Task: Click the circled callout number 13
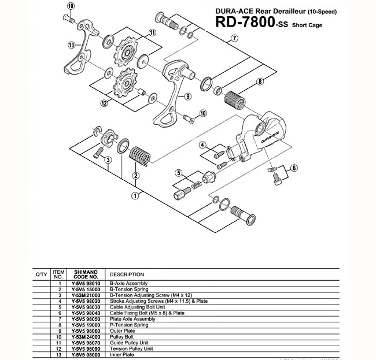(71, 44)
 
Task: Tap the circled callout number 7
(234, 39)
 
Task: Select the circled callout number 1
(134, 195)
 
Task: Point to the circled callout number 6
(294, 168)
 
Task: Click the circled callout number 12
(105, 103)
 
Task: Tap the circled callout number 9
(188, 97)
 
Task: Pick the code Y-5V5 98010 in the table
(85, 284)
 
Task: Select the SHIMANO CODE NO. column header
(85, 274)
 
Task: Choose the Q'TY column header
(42, 274)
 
